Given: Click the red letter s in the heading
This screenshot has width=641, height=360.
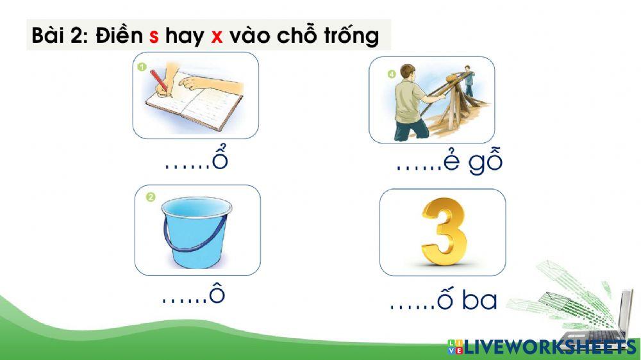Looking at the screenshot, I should (154, 37).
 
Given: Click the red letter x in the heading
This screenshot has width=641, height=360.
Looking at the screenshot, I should (217, 37).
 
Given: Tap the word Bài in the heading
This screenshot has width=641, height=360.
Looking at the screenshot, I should (49, 35).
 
